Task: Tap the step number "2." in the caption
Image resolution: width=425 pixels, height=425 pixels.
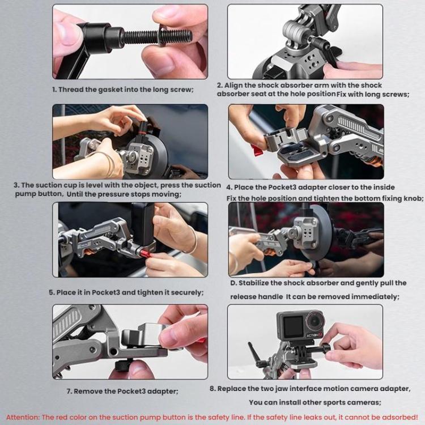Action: [x=220, y=86]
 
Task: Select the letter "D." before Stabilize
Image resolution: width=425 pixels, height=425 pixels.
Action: [x=233, y=283]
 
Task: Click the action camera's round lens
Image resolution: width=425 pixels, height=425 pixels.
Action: [x=314, y=321]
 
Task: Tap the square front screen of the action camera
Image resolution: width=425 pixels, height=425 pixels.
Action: [x=293, y=326]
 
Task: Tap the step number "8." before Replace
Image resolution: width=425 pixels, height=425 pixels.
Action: [x=212, y=389]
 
